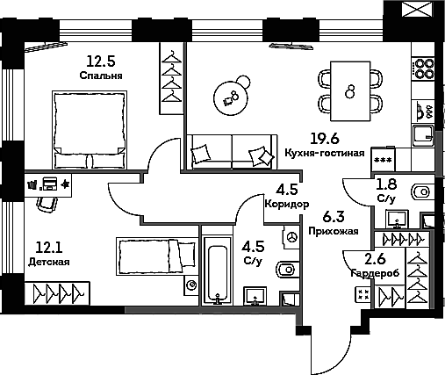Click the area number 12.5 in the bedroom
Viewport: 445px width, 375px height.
pyautogui.click(x=101, y=61)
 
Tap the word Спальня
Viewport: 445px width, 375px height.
pyautogui.click(x=101, y=76)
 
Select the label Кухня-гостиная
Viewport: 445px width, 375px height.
pyautogui.click(x=325, y=153)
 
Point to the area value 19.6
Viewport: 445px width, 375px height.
pyautogui.click(x=325, y=138)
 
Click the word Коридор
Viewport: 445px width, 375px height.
pyautogui.click(x=287, y=204)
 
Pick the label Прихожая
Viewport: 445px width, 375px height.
pyautogui.click(x=334, y=231)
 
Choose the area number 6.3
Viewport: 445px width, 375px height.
pyautogui.click(x=334, y=217)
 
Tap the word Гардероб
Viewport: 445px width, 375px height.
pyautogui.click(x=375, y=273)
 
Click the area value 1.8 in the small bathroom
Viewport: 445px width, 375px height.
pyautogui.click(x=386, y=184)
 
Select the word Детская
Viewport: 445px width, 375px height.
pyautogui.click(x=49, y=262)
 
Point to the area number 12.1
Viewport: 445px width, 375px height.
pyautogui.click(x=49, y=248)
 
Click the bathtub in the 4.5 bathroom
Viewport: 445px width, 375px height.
pyautogui.click(x=217, y=270)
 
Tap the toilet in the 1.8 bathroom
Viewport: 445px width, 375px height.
pyautogui.click(x=422, y=192)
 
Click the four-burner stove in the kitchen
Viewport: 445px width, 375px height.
pyautogui.click(x=423, y=69)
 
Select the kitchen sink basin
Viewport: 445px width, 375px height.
pyautogui.click(x=423, y=136)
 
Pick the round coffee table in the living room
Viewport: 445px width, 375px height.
pyautogui.click(x=231, y=98)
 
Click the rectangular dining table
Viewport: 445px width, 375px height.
pyautogui.click(x=350, y=91)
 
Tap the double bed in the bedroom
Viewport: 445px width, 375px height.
pyautogui.click(x=90, y=130)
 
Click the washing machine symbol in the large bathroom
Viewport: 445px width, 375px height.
pyautogui.click(x=291, y=237)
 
